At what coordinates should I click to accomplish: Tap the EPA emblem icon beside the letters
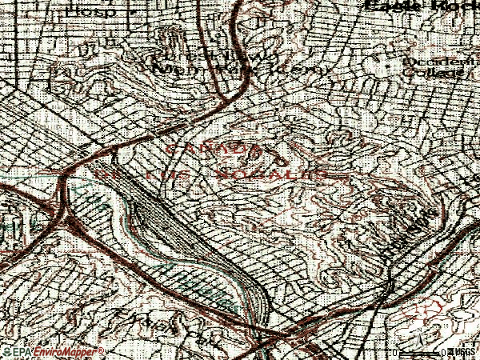tap(5, 352)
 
